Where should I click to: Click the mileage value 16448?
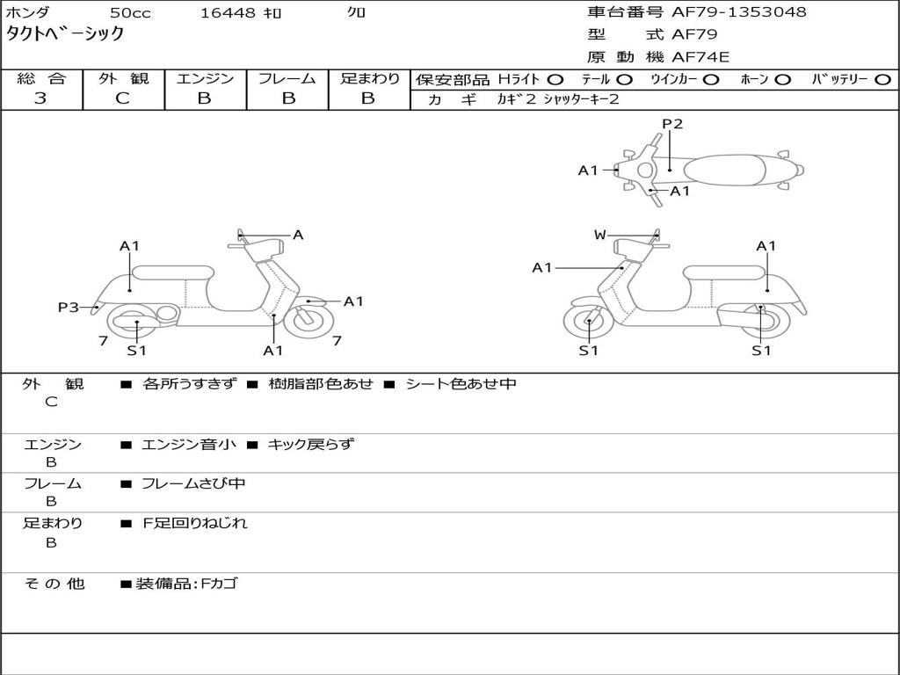228,13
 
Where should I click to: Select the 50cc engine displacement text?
128,13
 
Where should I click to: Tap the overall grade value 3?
40,98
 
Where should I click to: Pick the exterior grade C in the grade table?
123,98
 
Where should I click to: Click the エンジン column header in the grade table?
205,79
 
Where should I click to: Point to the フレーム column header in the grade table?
287,79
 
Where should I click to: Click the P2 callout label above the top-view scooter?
672,124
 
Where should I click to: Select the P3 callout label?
69,308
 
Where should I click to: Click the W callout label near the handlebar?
599,235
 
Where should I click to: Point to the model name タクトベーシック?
65,34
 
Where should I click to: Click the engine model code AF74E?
700,57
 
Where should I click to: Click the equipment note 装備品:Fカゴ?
186,584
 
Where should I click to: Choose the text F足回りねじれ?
195,523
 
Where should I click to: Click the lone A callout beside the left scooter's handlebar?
298,235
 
